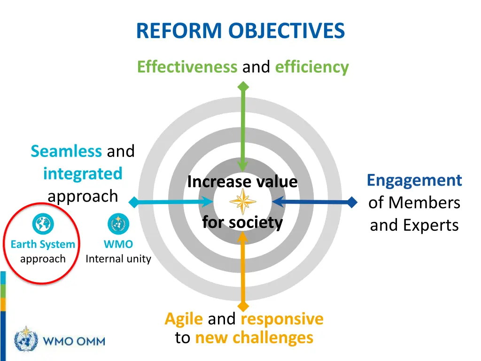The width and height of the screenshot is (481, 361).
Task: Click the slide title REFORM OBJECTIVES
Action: (x=240, y=31)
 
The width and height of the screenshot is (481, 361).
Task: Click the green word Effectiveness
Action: (x=187, y=67)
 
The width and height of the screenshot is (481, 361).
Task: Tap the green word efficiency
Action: (x=312, y=67)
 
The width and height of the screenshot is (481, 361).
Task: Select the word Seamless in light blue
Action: (x=66, y=151)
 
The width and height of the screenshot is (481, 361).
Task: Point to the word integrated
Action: (x=83, y=173)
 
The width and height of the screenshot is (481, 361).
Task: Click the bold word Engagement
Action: (x=414, y=180)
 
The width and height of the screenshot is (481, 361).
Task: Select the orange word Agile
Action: (x=184, y=319)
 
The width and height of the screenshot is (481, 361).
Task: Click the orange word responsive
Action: (x=282, y=319)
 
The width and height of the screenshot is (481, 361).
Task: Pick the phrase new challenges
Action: (x=254, y=337)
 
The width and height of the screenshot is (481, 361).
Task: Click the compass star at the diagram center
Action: (x=243, y=202)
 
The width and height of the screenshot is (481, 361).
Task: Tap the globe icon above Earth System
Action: (x=43, y=224)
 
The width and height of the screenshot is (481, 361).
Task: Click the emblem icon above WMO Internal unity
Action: (x=118, y=224)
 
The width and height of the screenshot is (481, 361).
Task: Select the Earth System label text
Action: (x=43, y=244)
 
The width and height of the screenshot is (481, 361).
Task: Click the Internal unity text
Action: (x=118, y=259)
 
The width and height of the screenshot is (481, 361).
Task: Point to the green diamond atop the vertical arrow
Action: (x=243, y=86)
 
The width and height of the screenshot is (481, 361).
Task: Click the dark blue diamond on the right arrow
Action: (x=352, y=203)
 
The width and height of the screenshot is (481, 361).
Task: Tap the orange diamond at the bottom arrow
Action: (x=243, y=307)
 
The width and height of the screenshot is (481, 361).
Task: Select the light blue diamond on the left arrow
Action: (x=134, y=203)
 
